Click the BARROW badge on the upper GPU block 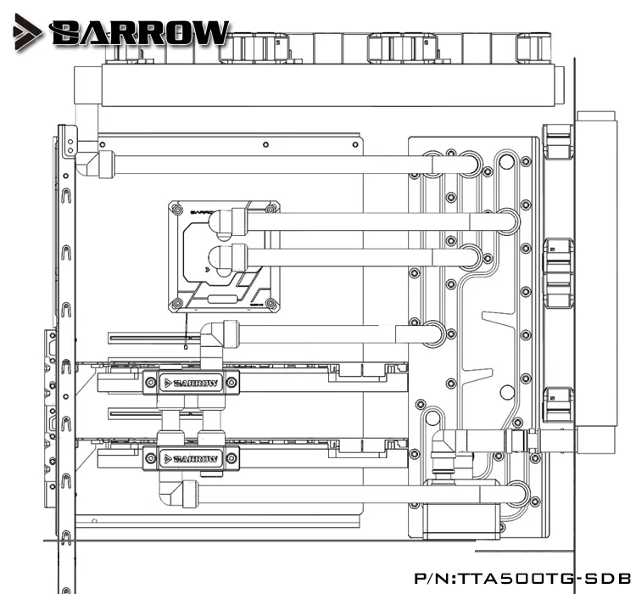192,384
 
